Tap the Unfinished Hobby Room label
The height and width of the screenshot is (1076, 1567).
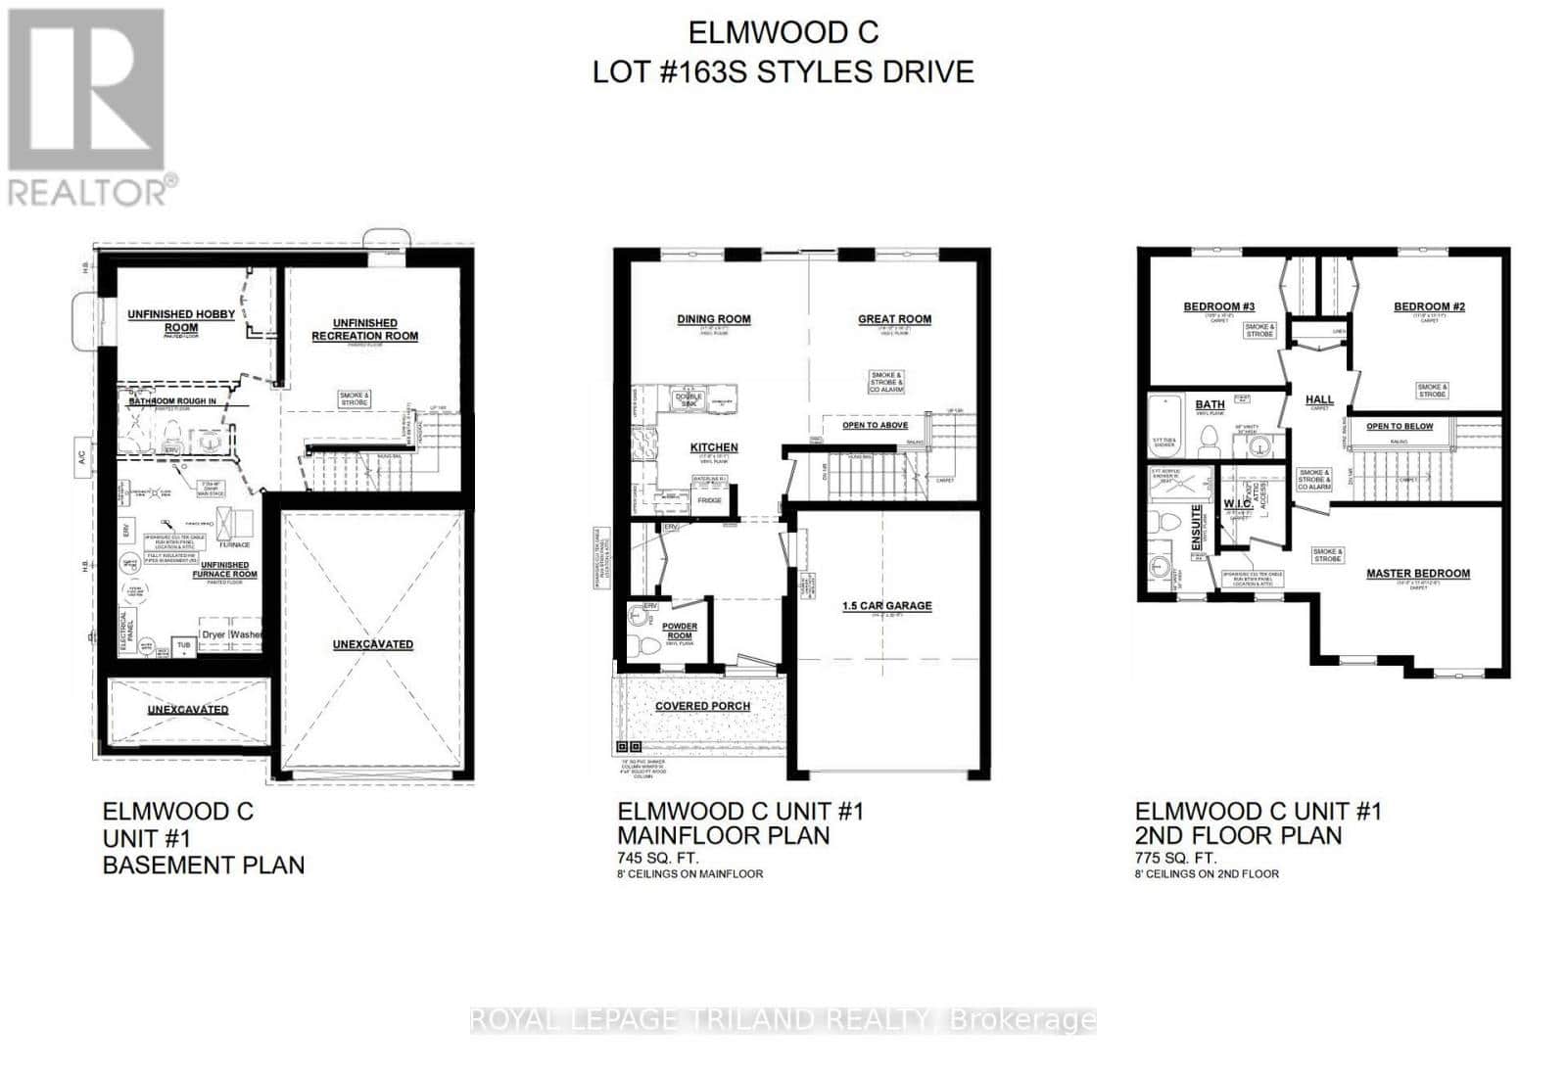coord(181,321)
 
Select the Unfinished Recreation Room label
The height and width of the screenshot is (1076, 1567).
coord(364,329)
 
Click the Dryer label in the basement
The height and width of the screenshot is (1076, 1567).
coord(214,634)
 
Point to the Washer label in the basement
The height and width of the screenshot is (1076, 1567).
coord(247,634)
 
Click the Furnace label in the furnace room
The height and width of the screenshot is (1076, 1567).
coord(235,544)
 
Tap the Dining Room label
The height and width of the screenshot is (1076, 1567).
coord(714,319)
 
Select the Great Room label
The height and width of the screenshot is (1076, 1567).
coord(894,319)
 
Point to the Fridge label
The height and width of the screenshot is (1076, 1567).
coord(709,500)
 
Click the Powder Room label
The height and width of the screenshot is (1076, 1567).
coord(680,631)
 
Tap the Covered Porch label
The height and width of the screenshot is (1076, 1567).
coord(702,706)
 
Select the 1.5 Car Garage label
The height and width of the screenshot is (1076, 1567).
coord(887,606)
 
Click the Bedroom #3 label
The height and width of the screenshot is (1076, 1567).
coord(1219,306)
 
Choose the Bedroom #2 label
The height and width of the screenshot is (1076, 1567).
coord(1429,306)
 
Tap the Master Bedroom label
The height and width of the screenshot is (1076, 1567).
coord(1418,574)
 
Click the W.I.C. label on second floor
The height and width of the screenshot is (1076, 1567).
coord(1237,503)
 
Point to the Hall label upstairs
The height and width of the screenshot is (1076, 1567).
coord(1319,399)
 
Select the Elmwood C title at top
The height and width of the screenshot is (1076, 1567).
coord(783,32)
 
